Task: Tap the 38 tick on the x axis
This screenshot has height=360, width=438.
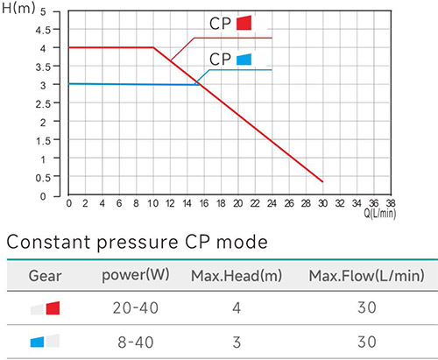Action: coord(391,203)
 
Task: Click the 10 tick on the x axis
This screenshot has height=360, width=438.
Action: coord(153,203)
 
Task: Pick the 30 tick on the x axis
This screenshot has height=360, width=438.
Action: coord(322,203)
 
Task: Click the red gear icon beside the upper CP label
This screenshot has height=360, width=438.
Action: coord(245,22)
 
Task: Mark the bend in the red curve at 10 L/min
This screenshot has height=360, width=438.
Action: coord(153,47)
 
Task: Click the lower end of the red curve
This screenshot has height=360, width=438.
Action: coord(322,181)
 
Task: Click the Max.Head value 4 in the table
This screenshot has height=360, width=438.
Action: coord(234,307)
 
